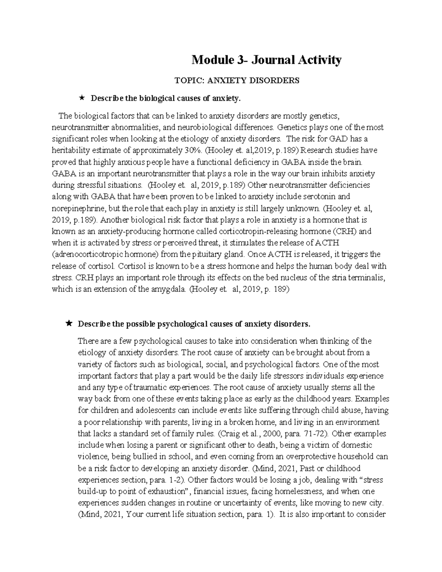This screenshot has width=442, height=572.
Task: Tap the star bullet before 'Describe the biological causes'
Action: [x=81, y=98]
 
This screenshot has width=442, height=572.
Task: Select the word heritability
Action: [x=70, y=150]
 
